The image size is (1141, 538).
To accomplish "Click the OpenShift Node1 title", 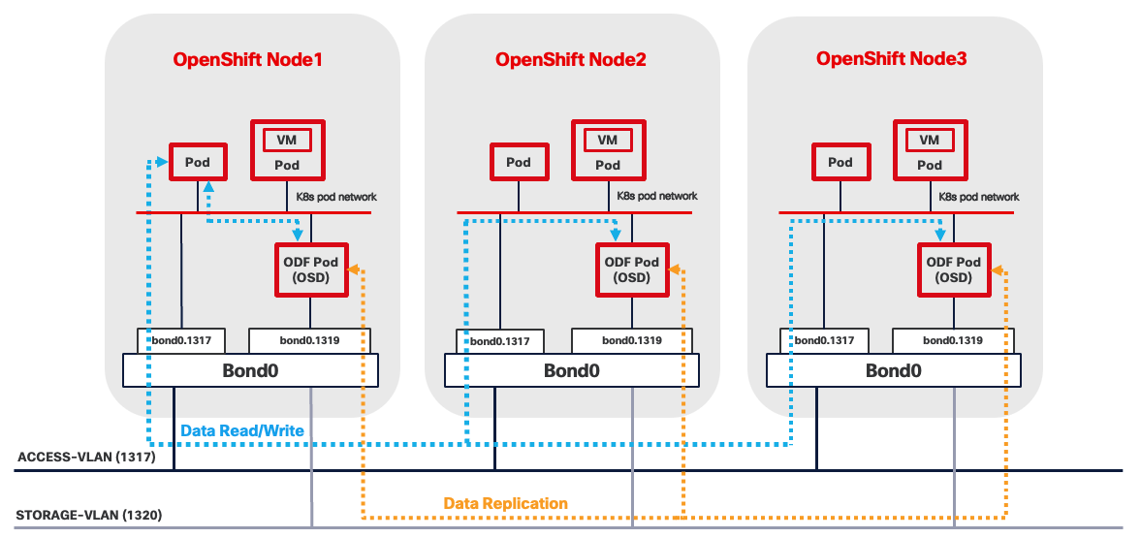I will [x=247, y=59].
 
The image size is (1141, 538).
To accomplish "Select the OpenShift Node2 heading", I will [x=570, y=59].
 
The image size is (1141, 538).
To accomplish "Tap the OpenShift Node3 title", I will [x=891, y=58].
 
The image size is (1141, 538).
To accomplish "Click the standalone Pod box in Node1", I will [x=198, y=162].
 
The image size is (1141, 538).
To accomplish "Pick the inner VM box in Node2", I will [x=607, y=140].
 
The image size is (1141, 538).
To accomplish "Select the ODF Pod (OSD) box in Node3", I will [x=954, y=269].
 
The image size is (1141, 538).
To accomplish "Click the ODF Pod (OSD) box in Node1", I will [x=310, y=269].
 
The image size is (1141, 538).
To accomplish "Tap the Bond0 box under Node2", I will [x=571, y=370].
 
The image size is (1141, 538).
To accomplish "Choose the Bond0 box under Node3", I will [x=893, y=370].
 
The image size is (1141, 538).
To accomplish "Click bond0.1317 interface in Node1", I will [x=181, y=340].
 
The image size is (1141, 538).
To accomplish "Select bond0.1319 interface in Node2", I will [x=632, y=340].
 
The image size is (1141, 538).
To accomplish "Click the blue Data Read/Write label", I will [x=242, y=429].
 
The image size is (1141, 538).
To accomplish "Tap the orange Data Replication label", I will [x=505, y=503].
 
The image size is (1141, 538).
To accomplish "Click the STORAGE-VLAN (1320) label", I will [x=81, y=515].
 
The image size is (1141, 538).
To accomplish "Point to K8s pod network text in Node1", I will [x=335, y=197].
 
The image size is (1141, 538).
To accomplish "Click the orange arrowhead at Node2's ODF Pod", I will [x=676, y=269].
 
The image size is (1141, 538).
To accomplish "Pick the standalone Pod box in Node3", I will [x=840, y=162].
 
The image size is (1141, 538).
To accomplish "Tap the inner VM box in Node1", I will [x=286, y=140].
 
